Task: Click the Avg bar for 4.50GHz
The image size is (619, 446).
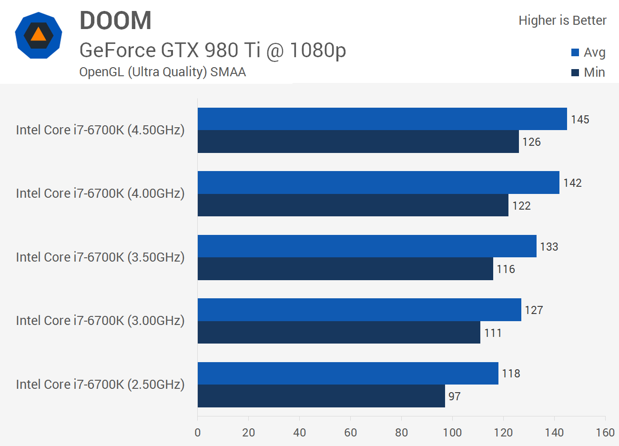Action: tap(382, 119)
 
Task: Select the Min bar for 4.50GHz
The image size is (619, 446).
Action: tap(358, 142)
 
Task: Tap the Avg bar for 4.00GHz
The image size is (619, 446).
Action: tap(378, 182)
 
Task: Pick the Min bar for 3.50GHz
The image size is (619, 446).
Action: tap(345, 269)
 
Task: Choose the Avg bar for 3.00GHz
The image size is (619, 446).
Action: tap(359, 310)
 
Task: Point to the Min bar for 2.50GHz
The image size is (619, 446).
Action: tap(321, 396)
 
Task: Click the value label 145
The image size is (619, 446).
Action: tap(580, 120)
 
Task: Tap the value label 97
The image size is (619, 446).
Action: tap(454, 396)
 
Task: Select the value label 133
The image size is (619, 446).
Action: tap(549, 247)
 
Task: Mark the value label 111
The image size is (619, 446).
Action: tap(493, 333)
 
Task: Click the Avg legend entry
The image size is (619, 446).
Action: tap(589, 52)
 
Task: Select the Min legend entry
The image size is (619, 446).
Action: tap(589, 72)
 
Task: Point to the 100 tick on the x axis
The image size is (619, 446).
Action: tap(452, 433)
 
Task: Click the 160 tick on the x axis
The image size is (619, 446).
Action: tap(605, 433)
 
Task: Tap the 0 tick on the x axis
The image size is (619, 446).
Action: tap(198, 433)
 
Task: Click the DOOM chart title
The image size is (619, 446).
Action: tap(115, 21)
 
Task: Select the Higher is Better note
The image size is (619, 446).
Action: tap(562, 20)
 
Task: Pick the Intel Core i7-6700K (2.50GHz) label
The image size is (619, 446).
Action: tap(100, 385)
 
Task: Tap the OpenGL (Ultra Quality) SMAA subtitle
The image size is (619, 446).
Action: tap(162, 72)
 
